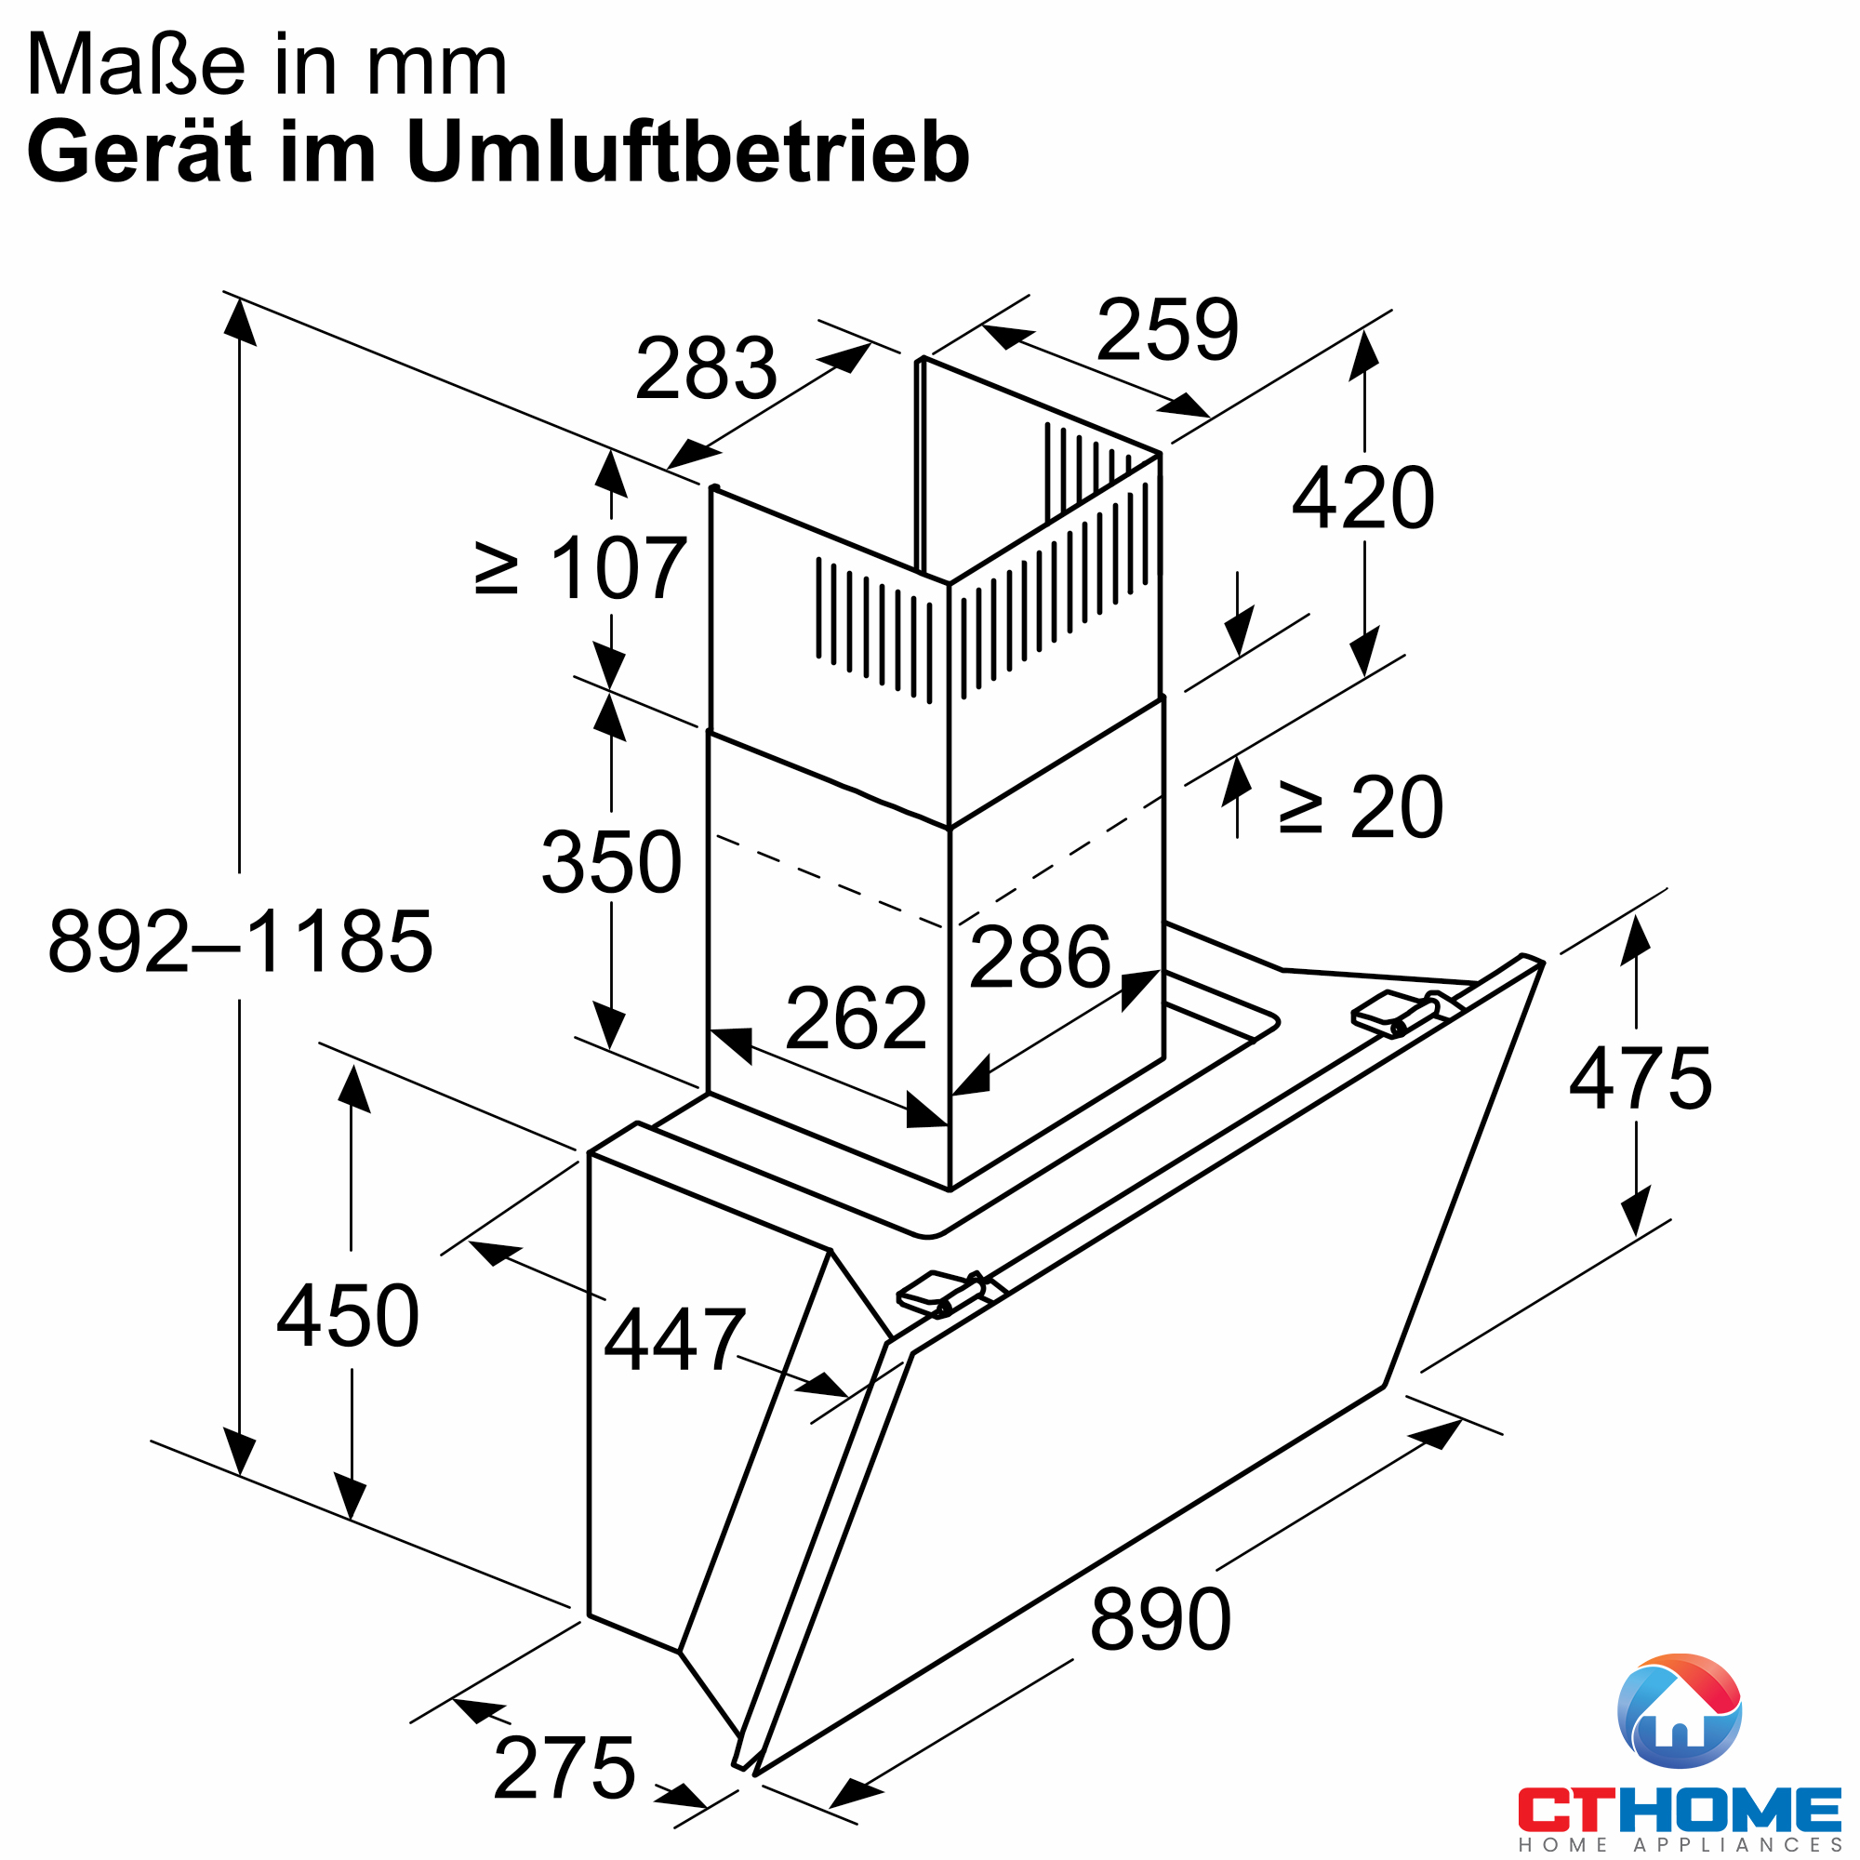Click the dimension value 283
[706, 367]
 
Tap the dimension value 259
[1167, 329]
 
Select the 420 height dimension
[1363, 498]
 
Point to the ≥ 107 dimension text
[581, 569]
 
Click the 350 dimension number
[611, 862]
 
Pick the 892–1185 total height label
[240, 940]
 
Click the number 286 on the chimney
[1040, 957]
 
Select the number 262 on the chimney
[856, 1017]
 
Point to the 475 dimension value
[1641, 1078]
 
